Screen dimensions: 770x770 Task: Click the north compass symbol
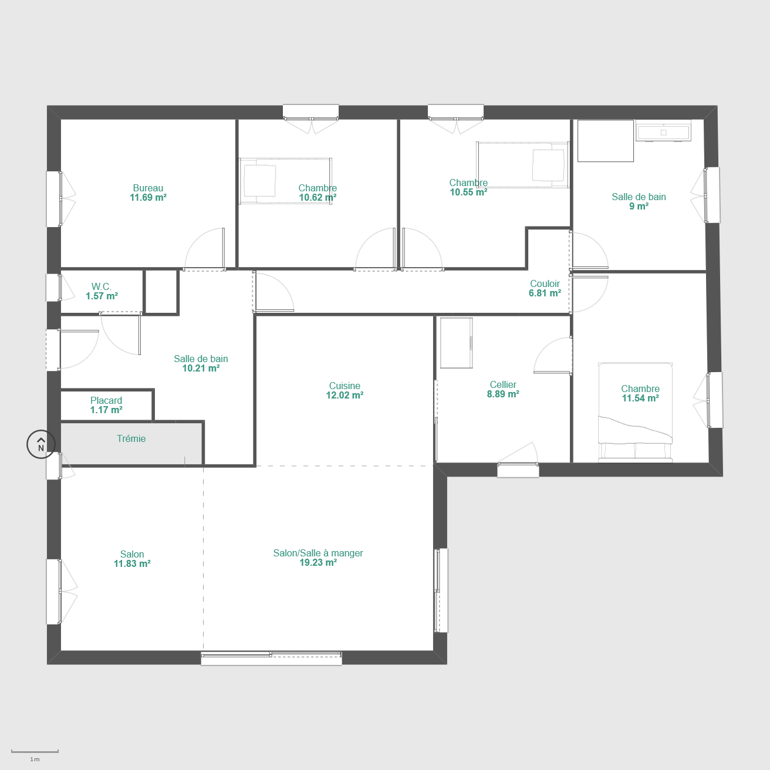[x=40, y=444]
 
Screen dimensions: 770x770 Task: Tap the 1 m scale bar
[x=35, y=751]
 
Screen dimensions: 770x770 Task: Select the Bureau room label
[x=148, y=188]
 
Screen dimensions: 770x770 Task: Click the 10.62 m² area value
[x=318, y=197]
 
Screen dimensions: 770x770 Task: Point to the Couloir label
[x=545, y=283]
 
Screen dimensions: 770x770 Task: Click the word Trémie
[x=131, y=438]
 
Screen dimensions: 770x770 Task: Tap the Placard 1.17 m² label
[x=106, y=405]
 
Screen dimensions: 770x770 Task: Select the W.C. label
[x=101, y=286]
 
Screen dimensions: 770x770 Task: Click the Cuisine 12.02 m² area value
[x=345, y=395]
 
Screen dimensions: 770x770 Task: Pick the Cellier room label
[x=503, y=384]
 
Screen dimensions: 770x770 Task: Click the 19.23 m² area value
[x=318, y=563]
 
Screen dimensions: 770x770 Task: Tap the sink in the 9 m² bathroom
[x=663, y=131]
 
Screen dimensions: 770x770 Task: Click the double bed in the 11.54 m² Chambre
[x=635, y=413]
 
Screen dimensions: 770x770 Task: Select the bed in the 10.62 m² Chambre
[x=285, y=181]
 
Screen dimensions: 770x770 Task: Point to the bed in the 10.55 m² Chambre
[x=523, y=165]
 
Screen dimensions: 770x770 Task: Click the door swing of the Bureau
[x=204, y=249]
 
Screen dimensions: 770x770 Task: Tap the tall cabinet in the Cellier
[x=457, y=343]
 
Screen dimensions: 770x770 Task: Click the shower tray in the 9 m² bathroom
[x=605, y=141]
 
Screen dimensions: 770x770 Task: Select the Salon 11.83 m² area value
[x=132, y=564]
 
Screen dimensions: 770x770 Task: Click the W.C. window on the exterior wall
[x=53, y=288]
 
